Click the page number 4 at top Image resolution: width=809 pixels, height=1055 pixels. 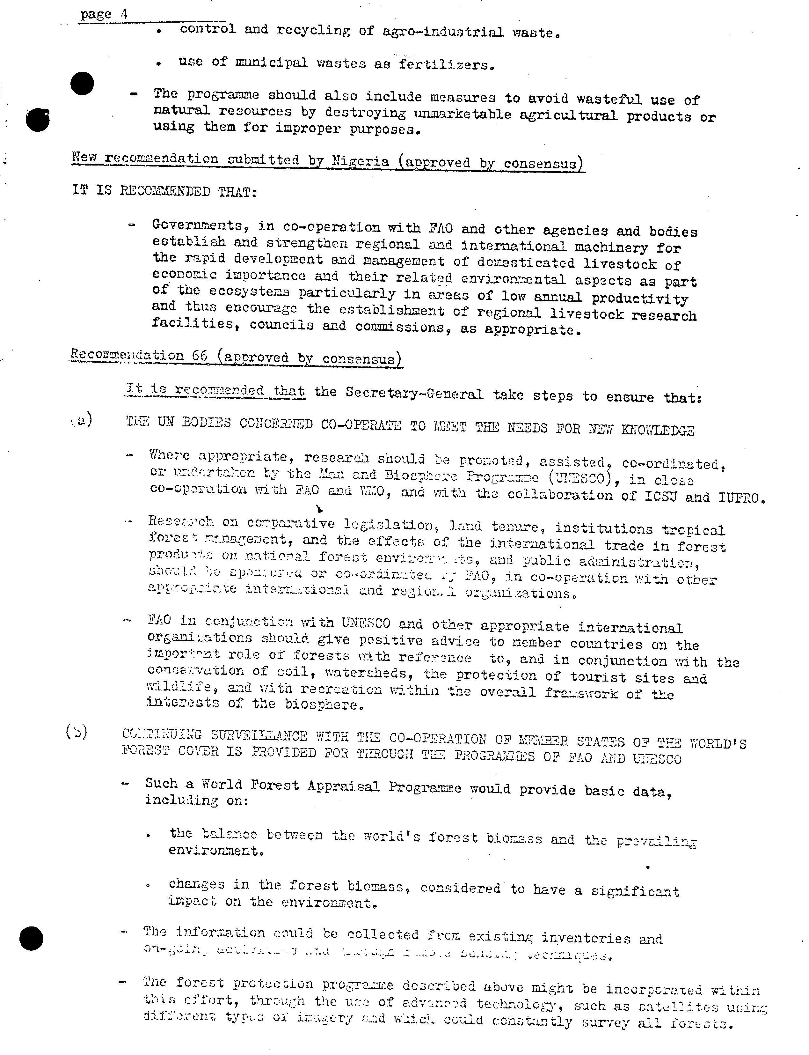(x=124, y=14)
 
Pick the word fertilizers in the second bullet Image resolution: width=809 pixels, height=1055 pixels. (x=445, y=64)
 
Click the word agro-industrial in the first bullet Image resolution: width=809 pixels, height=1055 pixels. (x=443, y=32)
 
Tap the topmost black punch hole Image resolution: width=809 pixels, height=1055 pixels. (x=82, y=83)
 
